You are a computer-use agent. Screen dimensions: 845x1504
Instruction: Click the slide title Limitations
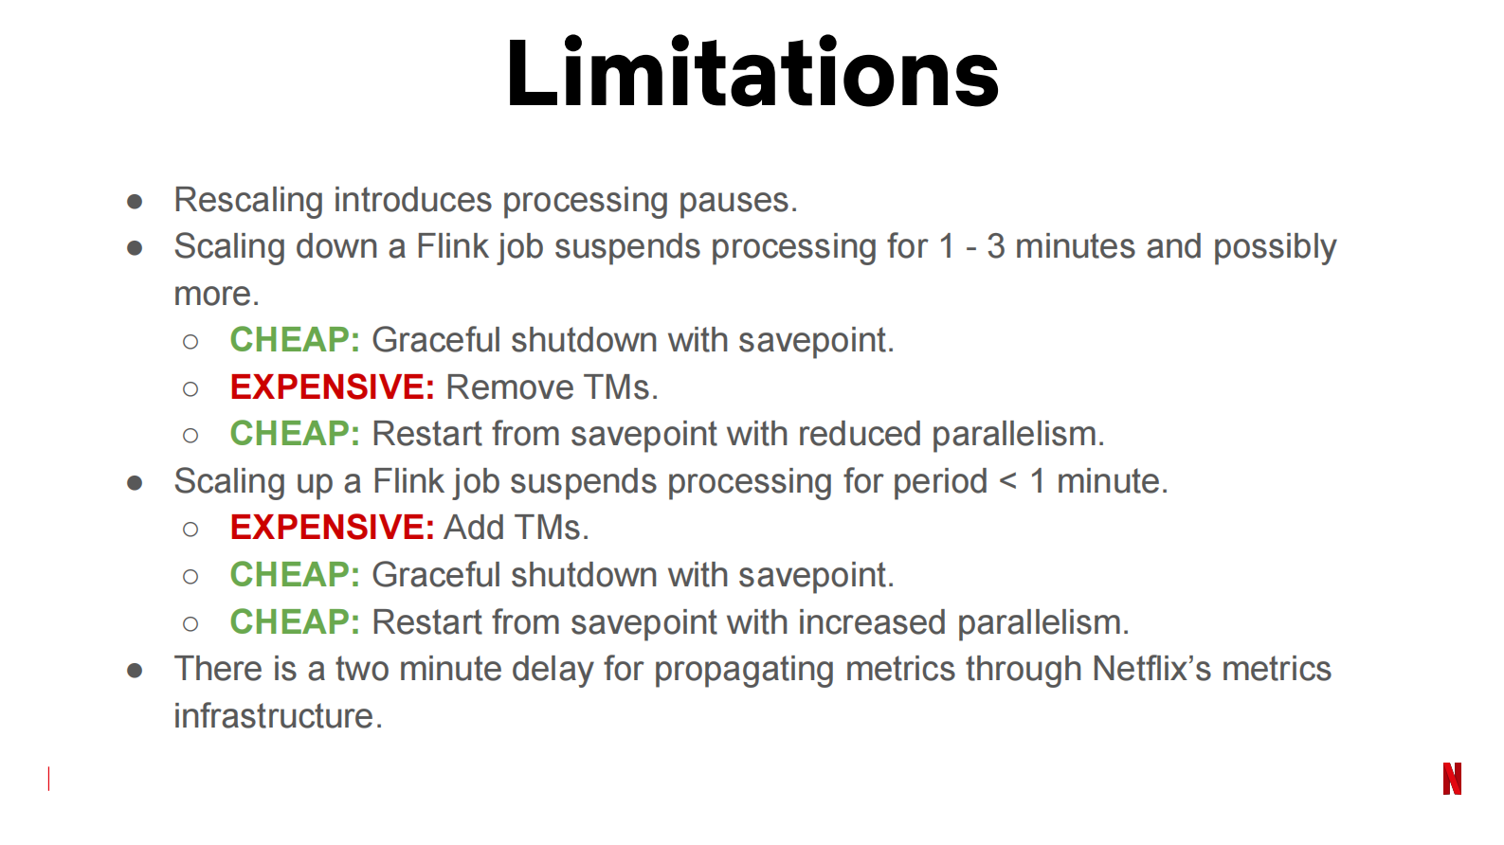pyautogui.click(x=752, y=74)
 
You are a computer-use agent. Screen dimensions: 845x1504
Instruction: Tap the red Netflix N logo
pyautogui.click(x=1452, y=779)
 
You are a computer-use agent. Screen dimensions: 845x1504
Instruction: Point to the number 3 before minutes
pyautogui.click(x=995, y=246)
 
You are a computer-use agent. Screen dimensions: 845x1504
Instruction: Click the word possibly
pyautogui.click(x=1275, y=246)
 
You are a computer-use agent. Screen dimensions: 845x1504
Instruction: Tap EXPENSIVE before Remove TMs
pyautogui.click(x=332, y=387)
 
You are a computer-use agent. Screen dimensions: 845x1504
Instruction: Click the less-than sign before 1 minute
pyautogui.click(x=1008, y=481)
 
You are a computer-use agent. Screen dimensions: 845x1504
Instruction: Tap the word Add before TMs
pyautogui.click(x=474, y=528)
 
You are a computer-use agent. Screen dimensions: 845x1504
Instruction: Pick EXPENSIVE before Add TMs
pyautogui.click(x=332, y=528)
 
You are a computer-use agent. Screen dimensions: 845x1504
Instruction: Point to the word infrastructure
pyautogui.click(x=277, y=716)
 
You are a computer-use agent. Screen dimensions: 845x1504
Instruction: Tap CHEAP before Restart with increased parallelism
pyautogui.click(x=295, y=622)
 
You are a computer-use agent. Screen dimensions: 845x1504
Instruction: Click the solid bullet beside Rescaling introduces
pyautogui.click(x=135, y=202)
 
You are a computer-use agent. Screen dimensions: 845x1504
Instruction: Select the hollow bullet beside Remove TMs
pyautogui.click(x=190, y=388)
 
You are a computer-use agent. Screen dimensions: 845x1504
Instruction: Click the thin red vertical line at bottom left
pyautogui.click(x=48, y=779)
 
